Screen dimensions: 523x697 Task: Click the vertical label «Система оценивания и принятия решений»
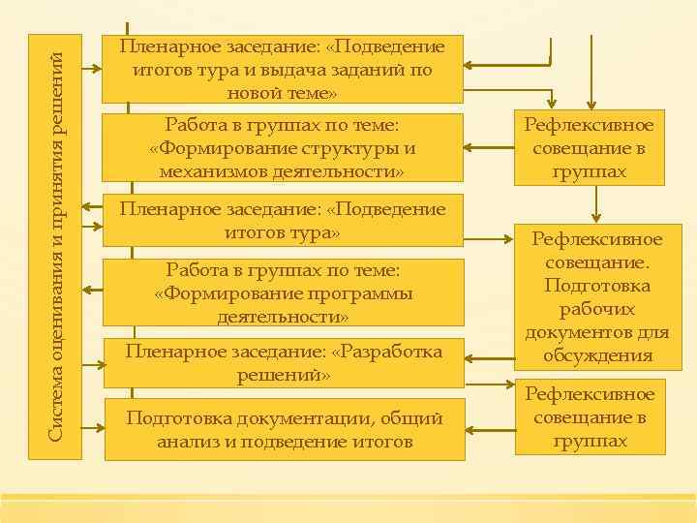coord(55,237)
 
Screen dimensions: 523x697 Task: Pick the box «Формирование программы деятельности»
coord(283,293)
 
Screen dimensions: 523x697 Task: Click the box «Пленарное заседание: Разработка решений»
coord(283,362)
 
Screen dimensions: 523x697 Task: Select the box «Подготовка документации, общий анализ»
coord(283,429)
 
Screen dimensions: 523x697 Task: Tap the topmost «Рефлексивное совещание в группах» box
coord(589,148)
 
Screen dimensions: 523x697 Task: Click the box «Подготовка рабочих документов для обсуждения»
coord(596,297)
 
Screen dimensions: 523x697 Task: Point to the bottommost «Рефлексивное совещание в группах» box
coord(591,417)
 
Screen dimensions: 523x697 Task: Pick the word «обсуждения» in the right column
coord(596,355)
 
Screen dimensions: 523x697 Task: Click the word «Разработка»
coord(390,351)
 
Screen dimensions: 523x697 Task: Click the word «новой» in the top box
coord(260,93)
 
